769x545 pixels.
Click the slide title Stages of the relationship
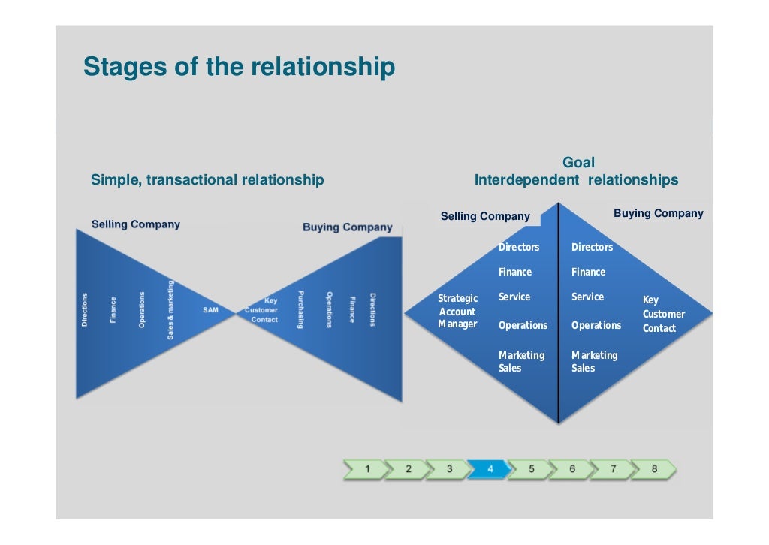point(239,67)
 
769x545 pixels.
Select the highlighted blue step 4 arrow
point(489,469)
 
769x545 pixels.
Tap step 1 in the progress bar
point(366,469)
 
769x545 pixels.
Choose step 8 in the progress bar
point(653,469)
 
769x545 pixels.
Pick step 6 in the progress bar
point(571,469)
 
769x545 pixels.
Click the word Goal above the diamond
point(578,163)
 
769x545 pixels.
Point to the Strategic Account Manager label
point(457,312)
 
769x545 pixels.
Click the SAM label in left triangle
point(211,309)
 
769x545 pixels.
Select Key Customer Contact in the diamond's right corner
point(663,314)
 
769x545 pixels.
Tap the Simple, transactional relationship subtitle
point(207,180)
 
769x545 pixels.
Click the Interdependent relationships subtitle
point(576,180)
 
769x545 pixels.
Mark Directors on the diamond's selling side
point(519,248)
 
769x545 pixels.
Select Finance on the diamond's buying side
point(588,272)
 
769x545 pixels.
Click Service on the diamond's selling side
point(514,297)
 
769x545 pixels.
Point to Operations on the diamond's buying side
point(596,326)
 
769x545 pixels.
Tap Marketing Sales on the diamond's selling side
point(521,362)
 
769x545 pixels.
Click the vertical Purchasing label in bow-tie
point(301,309)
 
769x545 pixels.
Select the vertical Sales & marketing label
point(170,309)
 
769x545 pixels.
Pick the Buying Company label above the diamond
point(658,214)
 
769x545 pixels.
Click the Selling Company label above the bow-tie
point(136,224)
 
